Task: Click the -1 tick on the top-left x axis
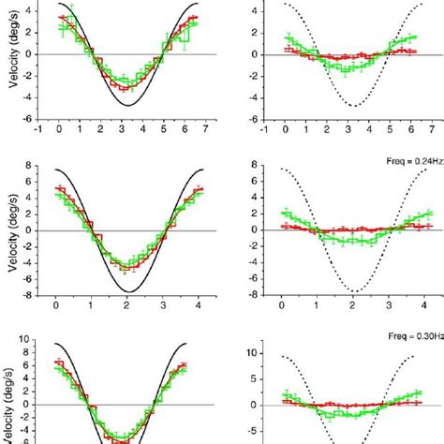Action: coord(38,132)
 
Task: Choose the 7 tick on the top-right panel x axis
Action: coord(429,132)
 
